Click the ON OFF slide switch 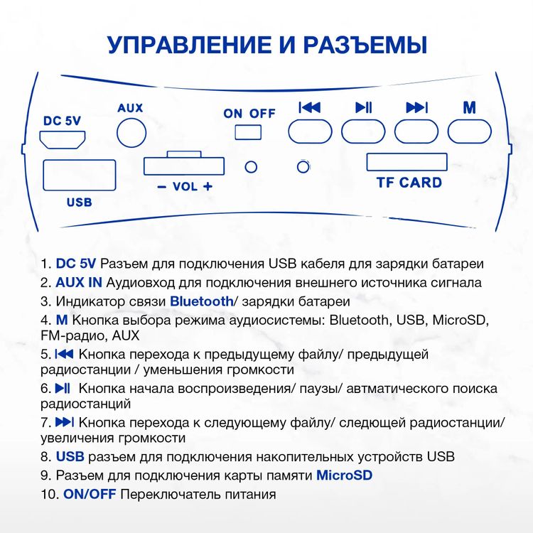(x=249, y=131)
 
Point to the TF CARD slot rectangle (x=407, y=162)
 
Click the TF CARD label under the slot (x=409, y=183)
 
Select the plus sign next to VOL (x=208, y=187)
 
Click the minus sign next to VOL (x=161, y=187)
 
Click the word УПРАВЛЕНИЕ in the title (x=181, y=45)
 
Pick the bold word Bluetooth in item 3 (x=201, y=301)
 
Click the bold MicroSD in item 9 (x=344, y=475)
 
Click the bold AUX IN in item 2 (x=79, y=282)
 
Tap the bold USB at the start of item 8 (x=70, y=456)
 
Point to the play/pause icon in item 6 (x=63, y=389)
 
